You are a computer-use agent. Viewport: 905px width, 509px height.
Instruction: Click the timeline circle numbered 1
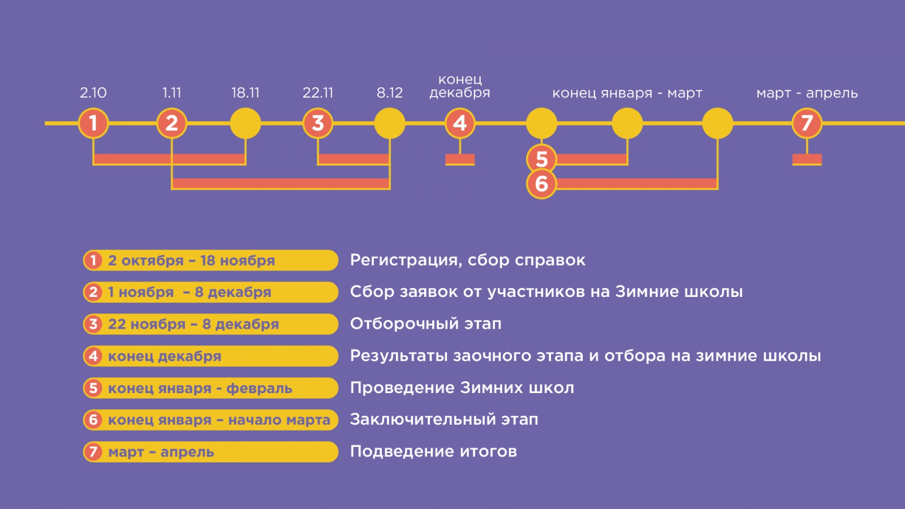93,123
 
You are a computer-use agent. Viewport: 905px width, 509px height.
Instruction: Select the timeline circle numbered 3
318,123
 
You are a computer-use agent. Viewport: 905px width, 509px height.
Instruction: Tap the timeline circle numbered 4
460,123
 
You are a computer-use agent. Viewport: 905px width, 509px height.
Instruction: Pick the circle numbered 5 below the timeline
541,159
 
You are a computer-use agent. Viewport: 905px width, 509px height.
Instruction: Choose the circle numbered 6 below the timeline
541,184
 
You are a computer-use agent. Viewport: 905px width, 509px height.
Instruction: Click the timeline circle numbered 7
807,123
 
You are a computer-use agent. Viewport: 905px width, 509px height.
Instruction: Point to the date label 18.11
245,93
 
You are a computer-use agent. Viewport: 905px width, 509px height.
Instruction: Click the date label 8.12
390,93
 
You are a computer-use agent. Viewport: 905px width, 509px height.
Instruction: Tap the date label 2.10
93,93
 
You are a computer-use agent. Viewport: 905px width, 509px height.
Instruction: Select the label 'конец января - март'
627,93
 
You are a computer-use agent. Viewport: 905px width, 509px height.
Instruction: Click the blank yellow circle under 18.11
245,123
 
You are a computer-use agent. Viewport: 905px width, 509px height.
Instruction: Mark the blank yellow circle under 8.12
390,123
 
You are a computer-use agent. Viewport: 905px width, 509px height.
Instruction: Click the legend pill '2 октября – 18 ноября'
210,261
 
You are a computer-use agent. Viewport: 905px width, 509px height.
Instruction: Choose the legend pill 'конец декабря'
210,356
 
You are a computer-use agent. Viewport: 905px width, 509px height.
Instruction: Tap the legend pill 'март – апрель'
210,452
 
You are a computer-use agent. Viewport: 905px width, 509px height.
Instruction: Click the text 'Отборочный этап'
425,324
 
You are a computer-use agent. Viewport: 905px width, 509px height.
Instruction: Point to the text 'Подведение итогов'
433,452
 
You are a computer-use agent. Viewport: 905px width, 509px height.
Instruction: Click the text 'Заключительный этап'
444,420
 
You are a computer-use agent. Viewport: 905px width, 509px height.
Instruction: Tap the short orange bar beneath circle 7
807,160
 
